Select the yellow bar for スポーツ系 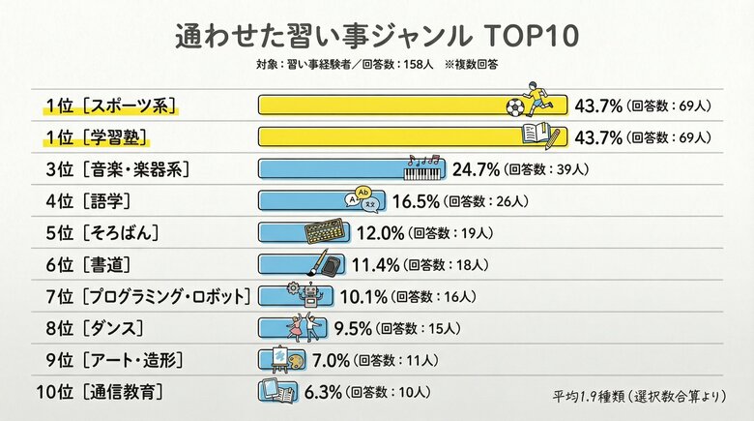point(387,105)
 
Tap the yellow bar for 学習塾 point(387,136)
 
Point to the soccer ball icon point(515,105)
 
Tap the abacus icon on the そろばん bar point(325,232)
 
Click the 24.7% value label point(476,169)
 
